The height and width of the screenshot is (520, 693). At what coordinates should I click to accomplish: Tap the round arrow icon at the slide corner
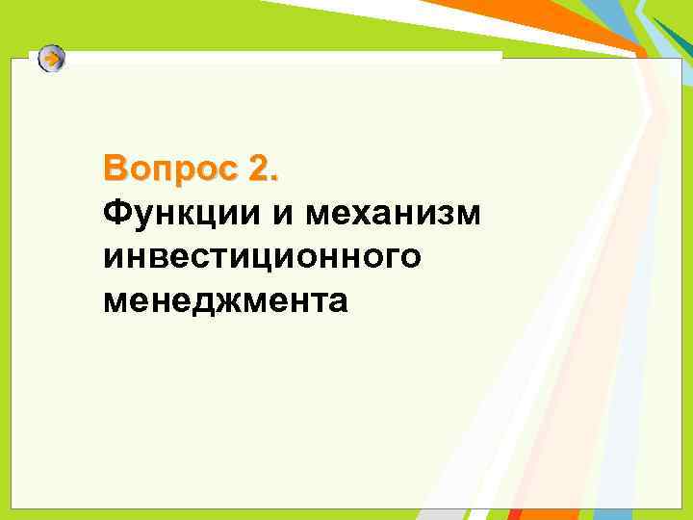(53, 60)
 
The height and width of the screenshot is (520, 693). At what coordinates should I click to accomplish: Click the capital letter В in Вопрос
(115, 169)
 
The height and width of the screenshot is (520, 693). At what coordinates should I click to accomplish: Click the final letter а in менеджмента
(337, 305)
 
